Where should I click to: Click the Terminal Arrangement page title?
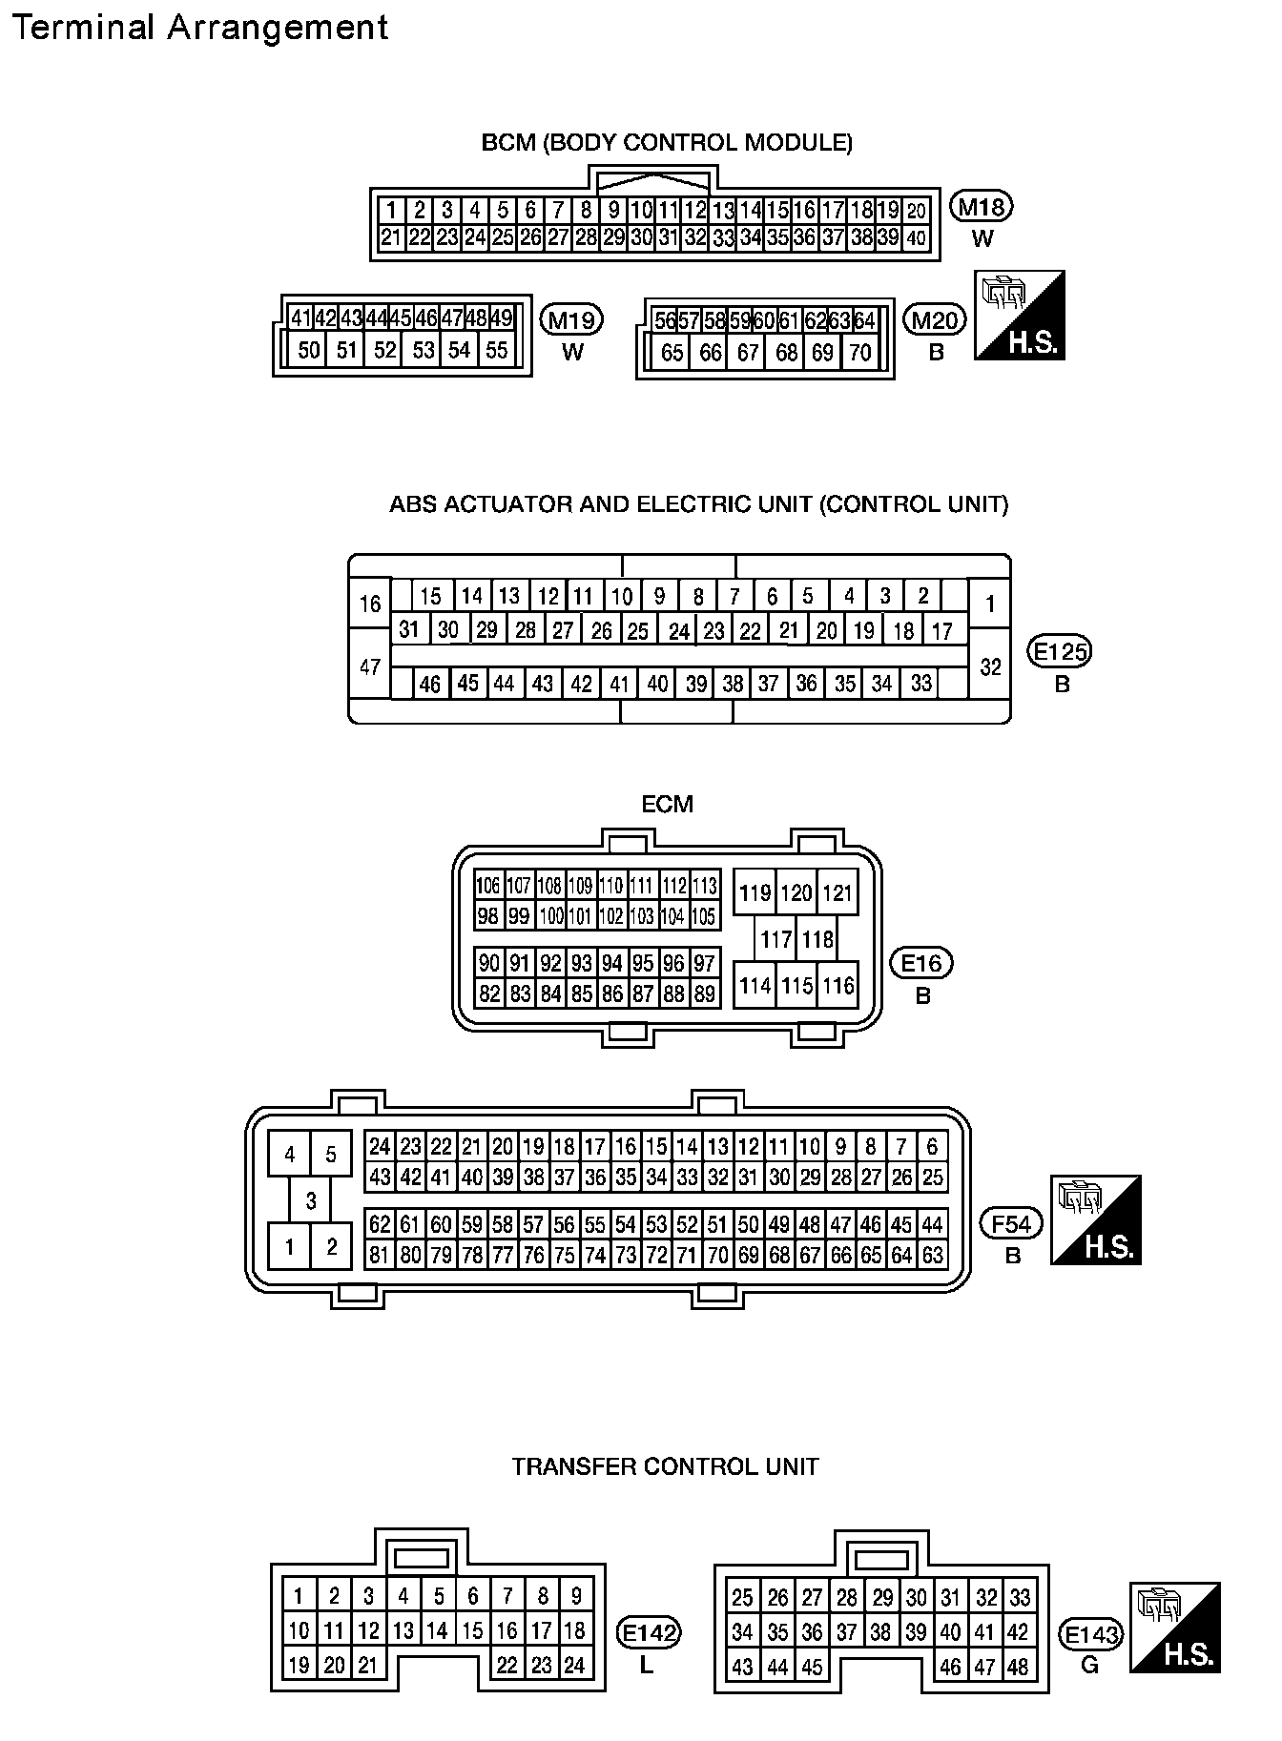pos(199,28)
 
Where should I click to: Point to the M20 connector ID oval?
pos(935,319)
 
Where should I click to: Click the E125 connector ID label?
pos(1060,652)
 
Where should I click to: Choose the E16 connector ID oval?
pos(921,963)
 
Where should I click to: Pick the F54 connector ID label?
pos(1012,1223)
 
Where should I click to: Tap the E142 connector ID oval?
pos(649,1634)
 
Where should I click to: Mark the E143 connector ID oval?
pos(1091,1635)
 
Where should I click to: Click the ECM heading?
pos(667,804)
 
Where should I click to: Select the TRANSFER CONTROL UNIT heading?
pos(665,1466)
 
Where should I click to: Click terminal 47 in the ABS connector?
pos(370,667)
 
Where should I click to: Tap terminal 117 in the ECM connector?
pos(775,940)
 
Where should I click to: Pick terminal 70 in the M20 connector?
pos(860,353)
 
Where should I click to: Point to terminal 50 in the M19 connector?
pos(309,350)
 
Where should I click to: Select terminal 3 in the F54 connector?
pos(311,1200)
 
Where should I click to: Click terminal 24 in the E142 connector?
pos(573,1666)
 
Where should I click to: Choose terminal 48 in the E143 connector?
pos(1018,1667)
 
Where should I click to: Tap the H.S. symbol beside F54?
pos(1096,1220)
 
